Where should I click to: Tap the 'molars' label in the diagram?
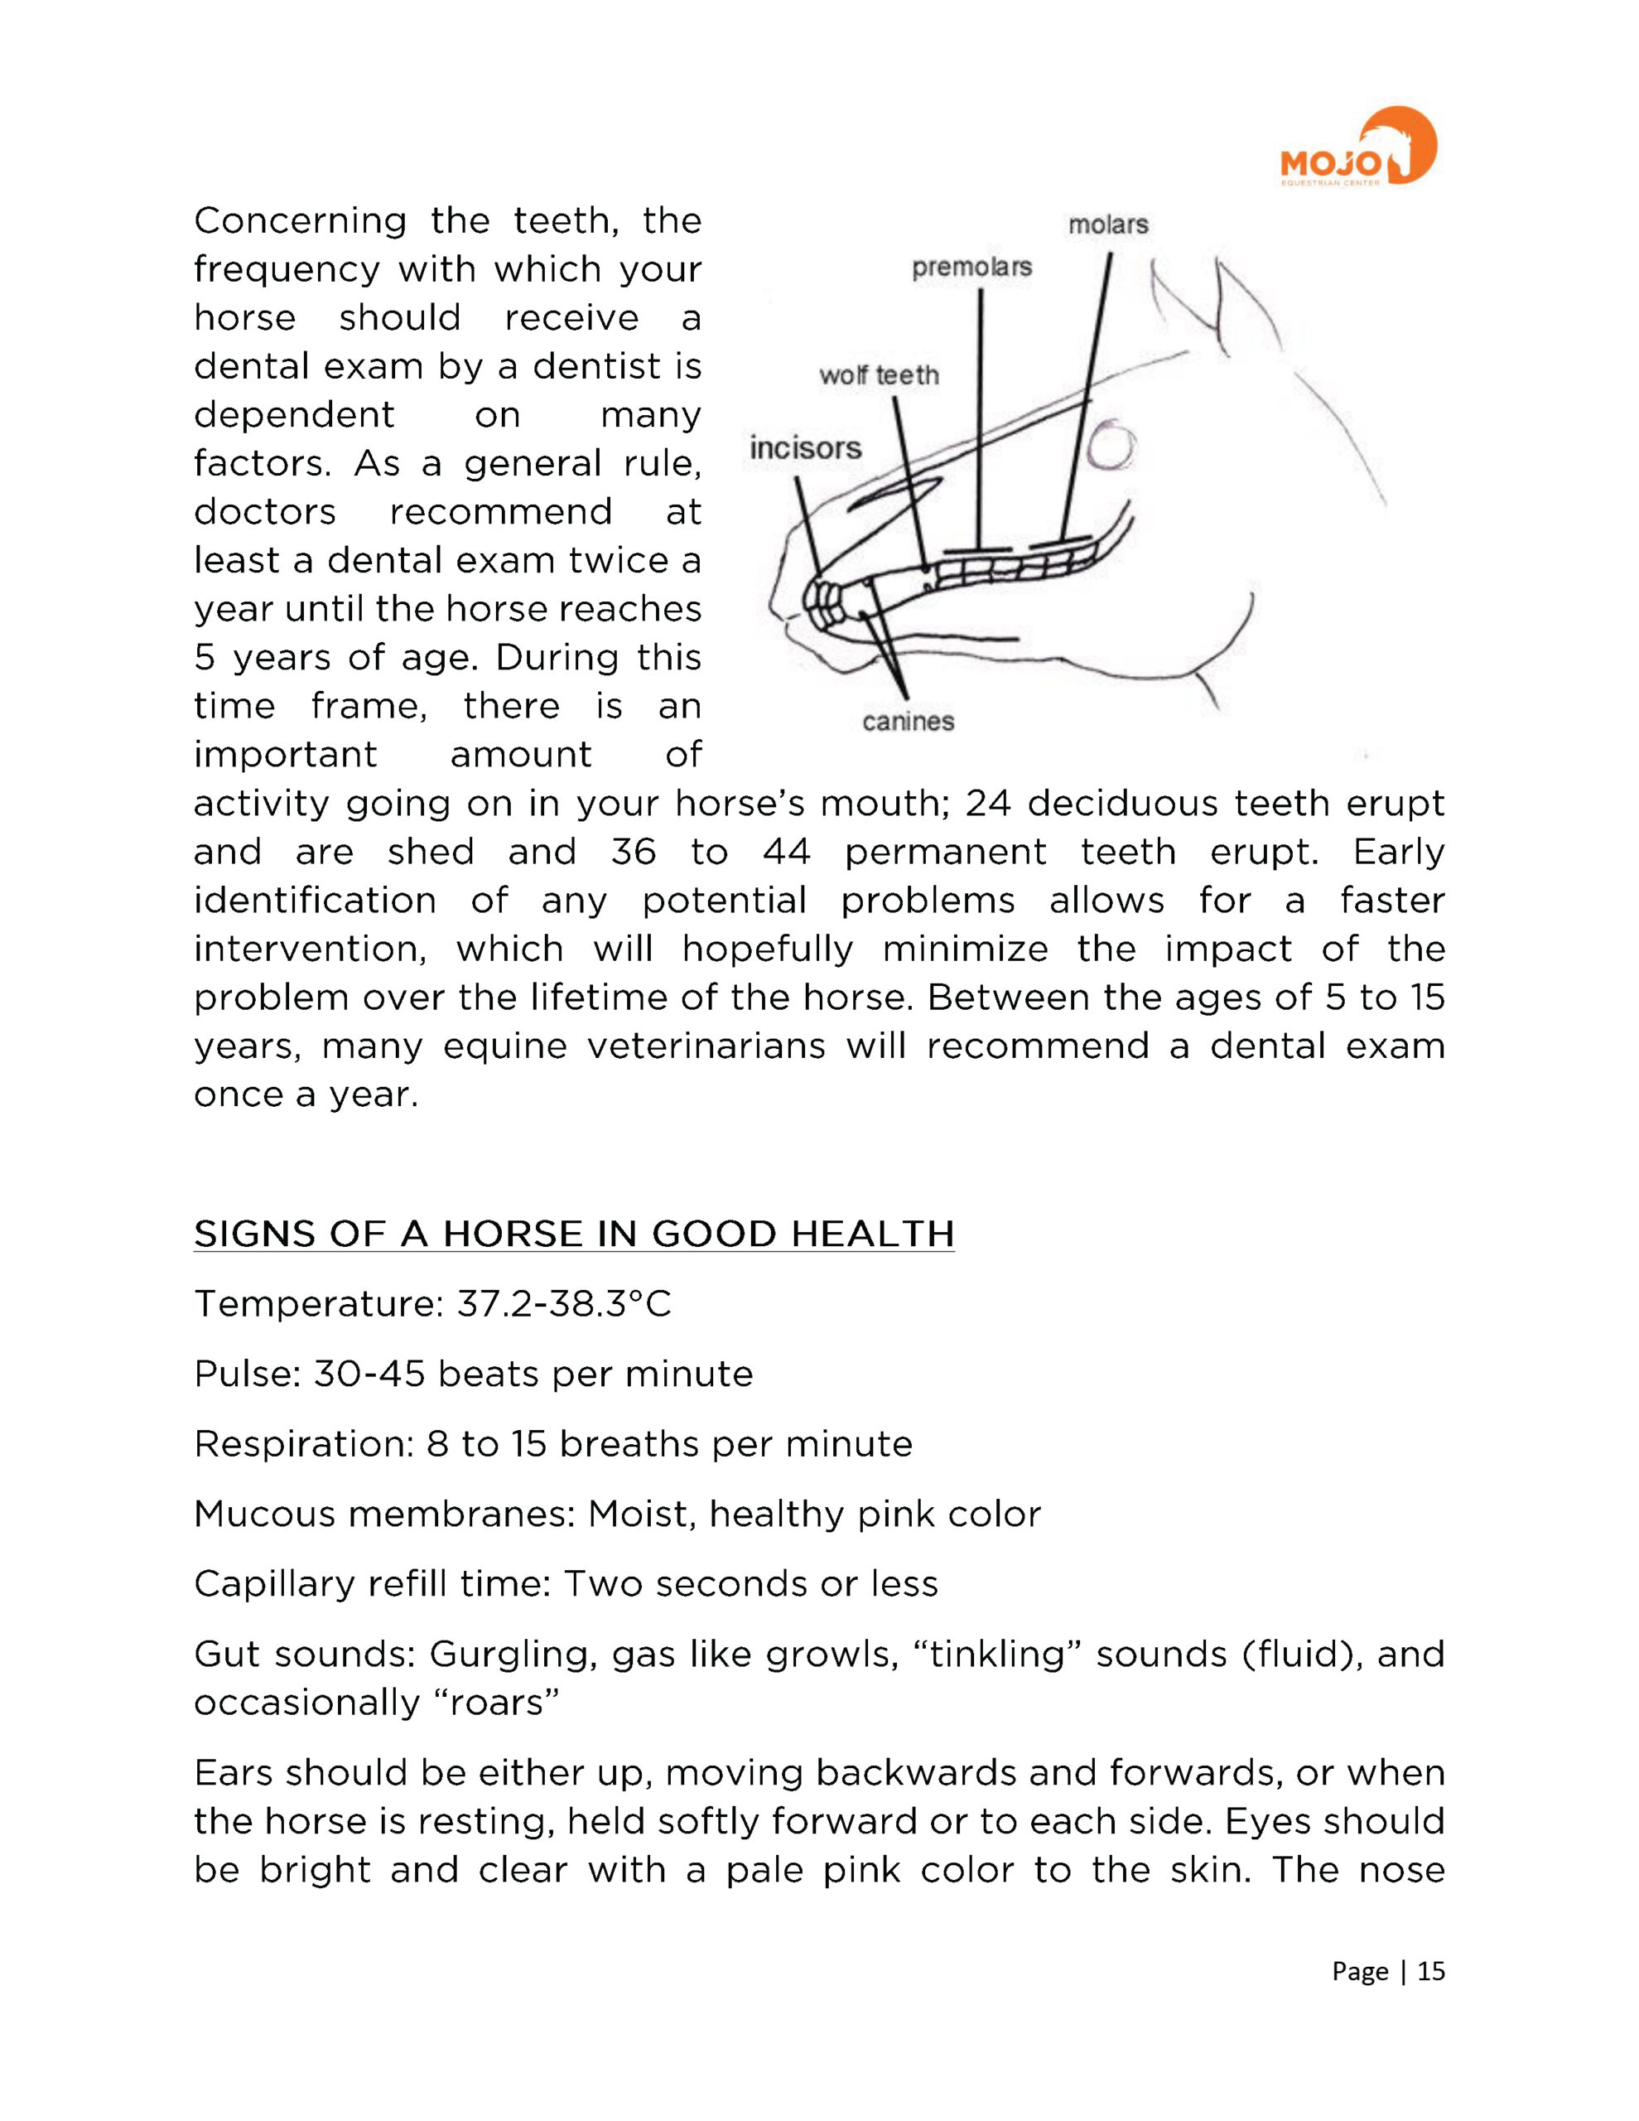[1108, 225]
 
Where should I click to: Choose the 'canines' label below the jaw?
[908, 721]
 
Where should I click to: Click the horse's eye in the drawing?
[1110, 447]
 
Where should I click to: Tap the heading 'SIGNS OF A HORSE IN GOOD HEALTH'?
[574, 1234]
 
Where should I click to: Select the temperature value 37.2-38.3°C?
[564, 1303]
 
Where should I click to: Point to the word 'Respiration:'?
[304, 1443]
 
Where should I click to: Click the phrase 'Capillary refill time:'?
[373, 1583]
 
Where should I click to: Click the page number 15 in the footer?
[1431, 1970]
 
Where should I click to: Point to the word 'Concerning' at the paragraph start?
[300, 221]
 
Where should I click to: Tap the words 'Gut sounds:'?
[304, 1653]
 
